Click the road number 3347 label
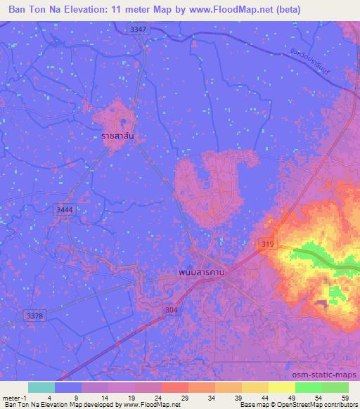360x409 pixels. (138, 29)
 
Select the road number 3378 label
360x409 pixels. (34, 316)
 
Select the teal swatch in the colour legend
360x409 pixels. (41, 387)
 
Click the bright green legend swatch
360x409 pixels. (308, 387)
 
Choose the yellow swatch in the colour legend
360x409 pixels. (281, 387)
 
